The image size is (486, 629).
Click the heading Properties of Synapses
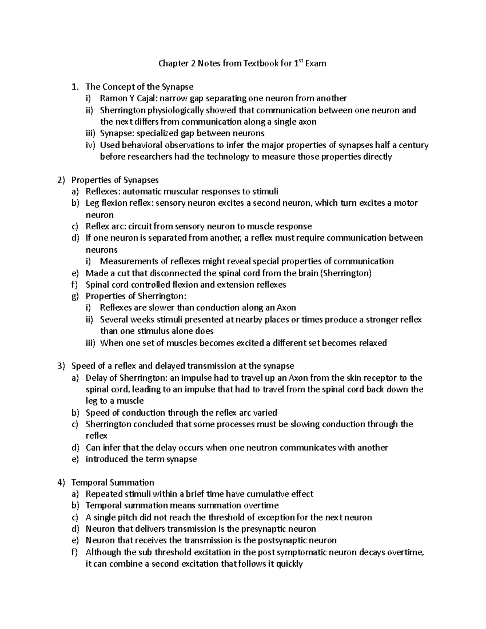click(115, 180)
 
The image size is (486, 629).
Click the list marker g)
click(75, 296)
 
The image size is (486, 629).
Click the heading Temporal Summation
click(112, 482)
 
